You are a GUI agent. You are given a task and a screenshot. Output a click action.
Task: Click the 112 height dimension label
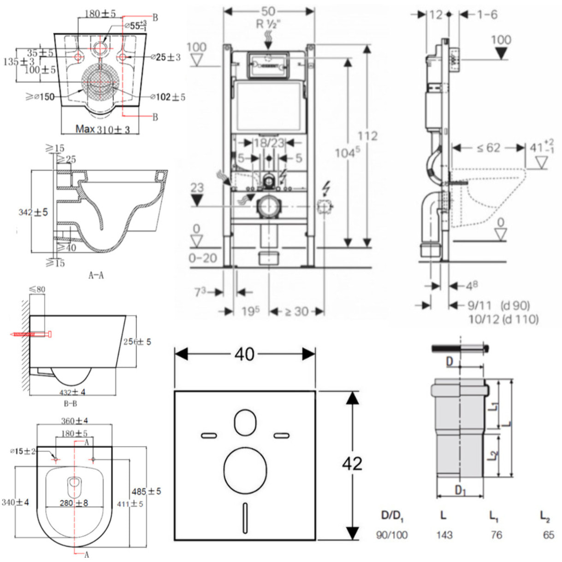point(367,136)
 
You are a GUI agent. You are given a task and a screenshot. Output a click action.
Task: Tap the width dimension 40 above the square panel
point(244,354)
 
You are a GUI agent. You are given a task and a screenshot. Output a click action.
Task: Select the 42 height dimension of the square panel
point(352,463)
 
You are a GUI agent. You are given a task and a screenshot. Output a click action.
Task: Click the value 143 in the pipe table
point(444,535)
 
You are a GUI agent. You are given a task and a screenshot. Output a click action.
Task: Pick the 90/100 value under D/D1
point(391,535)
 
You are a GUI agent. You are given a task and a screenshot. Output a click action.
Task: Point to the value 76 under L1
point(496,535)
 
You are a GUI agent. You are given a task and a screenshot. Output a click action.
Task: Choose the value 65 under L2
point(548,535)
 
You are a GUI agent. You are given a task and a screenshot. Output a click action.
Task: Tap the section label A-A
point(96,275)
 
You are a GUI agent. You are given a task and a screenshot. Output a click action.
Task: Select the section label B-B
point(70,404)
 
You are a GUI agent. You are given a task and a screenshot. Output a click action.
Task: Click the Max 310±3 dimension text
point(102,129)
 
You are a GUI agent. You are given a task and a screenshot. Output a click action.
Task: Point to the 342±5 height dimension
point(33,212)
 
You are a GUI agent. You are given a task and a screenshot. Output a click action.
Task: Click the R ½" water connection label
point(268,24)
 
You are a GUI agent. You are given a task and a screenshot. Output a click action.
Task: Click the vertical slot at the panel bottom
point(245,512)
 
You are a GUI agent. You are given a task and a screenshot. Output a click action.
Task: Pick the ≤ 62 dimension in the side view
point(488,148)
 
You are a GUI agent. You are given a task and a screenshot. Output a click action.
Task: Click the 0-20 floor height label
point(202,258)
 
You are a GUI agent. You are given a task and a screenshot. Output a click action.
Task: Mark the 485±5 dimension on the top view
point(146,491)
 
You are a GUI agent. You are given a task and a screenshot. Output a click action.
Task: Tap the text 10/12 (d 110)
point(503,319)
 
